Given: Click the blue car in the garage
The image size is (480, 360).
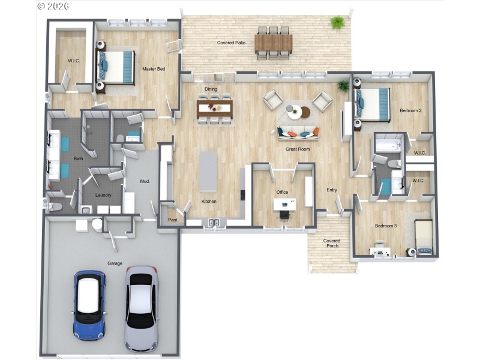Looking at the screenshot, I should [x=89, y=305].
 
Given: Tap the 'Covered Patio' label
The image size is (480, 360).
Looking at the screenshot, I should [x=231, y=43].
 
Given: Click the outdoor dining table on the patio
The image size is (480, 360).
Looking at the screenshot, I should [x=273, y=43].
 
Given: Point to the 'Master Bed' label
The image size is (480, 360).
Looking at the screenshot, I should [x=153, y=69].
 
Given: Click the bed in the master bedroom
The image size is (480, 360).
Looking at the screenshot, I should [x=116, y=67].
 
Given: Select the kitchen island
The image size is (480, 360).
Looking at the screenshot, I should [x=208, y=171].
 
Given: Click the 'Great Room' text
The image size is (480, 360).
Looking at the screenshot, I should [x=297, y=149].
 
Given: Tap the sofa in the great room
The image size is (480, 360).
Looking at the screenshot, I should [x=298, y=132].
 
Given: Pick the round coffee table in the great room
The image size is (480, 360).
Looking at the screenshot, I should [x=297, y=112].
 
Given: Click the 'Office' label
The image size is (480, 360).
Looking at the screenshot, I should [x=282, y=193].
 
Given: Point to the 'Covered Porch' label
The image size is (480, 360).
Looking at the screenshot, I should [x=332, y=243].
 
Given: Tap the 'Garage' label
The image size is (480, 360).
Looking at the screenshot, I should [x=115, y=263].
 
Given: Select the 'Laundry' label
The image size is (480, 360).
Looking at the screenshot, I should [x=103, y=195].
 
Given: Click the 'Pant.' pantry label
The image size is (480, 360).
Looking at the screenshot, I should [x=173, y=220].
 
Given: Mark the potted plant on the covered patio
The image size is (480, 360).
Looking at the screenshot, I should [x=337, y=23].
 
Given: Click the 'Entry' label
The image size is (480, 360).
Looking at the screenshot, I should [x=332, y=190].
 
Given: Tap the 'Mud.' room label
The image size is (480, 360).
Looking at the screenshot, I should [x=145, y=181].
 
